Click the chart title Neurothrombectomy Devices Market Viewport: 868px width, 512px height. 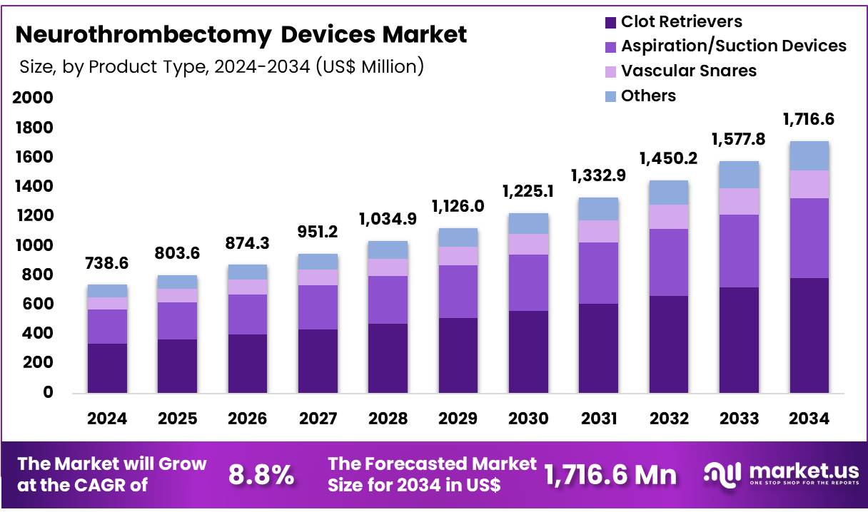point(241,34)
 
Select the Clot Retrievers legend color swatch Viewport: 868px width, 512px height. point(610,22)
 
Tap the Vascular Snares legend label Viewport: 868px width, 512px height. point(688,71)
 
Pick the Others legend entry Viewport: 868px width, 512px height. point(647,96)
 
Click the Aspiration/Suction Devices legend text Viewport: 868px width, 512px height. point(733,46)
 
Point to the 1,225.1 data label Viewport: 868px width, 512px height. point(528,192)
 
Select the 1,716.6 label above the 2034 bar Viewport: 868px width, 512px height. point(809,119)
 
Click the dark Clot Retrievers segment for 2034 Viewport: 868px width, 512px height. point(809,335)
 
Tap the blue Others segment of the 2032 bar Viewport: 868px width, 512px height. point(668,193)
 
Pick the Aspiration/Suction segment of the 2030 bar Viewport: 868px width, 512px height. point(528,282)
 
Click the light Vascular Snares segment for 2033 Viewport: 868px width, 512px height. point(739,201)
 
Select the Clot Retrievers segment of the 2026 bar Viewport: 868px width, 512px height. point(248,363)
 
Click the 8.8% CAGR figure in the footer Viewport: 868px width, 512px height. point(261,475)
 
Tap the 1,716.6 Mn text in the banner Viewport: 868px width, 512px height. point(610,475)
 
